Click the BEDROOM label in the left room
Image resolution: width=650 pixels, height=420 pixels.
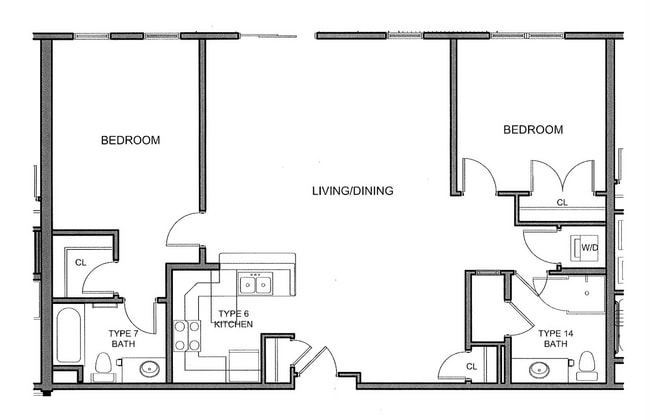130,140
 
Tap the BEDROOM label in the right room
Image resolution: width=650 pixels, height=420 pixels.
532,130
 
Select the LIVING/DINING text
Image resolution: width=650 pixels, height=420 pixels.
352,191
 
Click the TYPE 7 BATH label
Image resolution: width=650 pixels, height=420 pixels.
124,338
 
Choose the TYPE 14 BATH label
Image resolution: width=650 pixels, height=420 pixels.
555,338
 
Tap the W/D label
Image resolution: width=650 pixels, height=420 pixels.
590,247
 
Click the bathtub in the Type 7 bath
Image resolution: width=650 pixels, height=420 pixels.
68,335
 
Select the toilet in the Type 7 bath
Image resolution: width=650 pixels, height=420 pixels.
102,365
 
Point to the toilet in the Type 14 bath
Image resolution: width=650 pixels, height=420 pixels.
587,364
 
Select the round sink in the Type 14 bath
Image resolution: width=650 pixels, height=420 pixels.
531,370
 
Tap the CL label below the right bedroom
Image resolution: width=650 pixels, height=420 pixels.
562,203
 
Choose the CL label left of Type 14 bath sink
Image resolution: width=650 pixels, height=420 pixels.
471,367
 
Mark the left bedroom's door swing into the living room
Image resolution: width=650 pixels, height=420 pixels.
185,230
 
